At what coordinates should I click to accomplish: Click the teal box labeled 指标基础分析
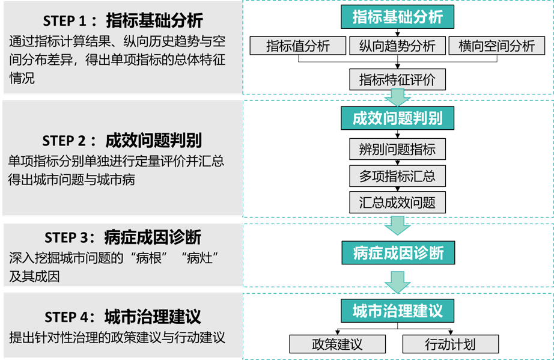pos(397,17)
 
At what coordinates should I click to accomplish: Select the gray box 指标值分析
pos(298,46)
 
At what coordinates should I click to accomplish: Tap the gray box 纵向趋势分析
pos(397,46)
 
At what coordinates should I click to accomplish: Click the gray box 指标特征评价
pos(397,79)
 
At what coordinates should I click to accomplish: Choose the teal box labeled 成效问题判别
pos(397,118)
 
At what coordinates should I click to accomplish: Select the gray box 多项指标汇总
pos(397,176)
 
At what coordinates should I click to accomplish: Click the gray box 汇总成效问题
pos(397,202)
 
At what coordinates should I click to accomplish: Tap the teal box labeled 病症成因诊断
pos(397,253)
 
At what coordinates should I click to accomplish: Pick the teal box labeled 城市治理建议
pos(397,311)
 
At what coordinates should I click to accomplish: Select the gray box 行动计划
pos(450,344)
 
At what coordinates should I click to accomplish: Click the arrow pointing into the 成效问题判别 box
pos(397,97)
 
